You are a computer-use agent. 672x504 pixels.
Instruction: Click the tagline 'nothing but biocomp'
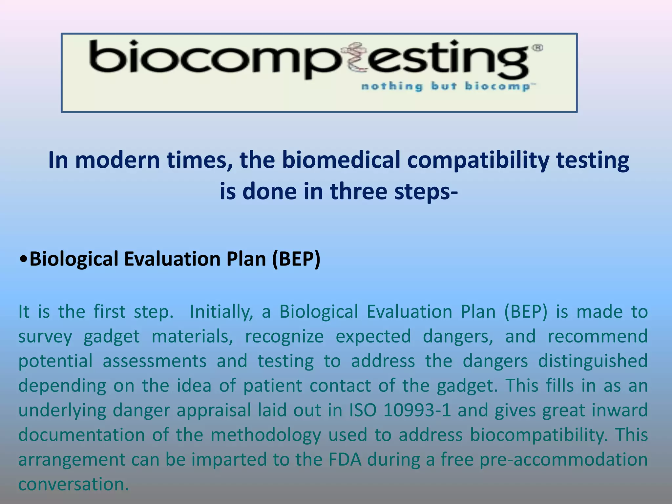pos(448,86)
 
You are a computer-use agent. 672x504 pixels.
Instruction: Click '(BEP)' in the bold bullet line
pos(296,259)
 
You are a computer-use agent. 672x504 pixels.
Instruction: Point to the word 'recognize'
pos(284,337)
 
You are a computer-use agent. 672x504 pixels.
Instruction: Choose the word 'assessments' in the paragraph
pos(155,361)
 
